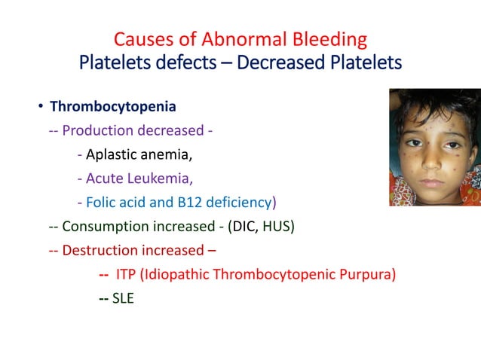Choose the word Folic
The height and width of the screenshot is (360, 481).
102,202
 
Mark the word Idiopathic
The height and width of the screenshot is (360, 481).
182,273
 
